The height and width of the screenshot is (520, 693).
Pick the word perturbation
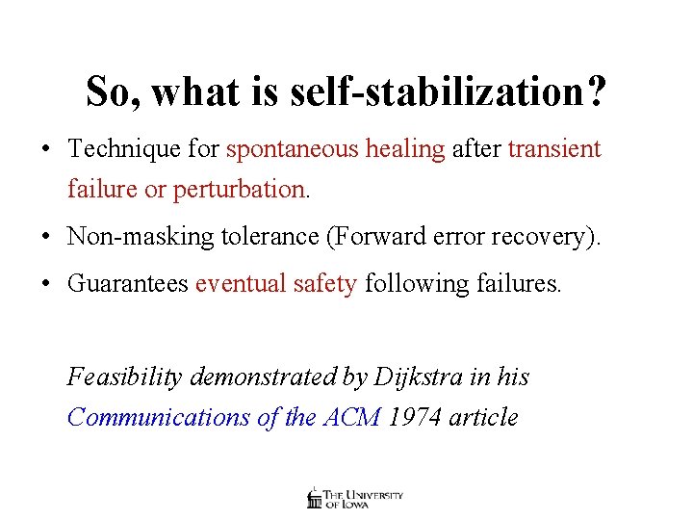coord(241,190)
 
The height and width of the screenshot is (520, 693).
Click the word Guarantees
coord(128,284)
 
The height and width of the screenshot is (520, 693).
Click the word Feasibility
coord(124,377)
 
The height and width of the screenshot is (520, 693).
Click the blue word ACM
coord(352,417)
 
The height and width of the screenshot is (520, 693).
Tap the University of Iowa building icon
coord(314,498)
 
